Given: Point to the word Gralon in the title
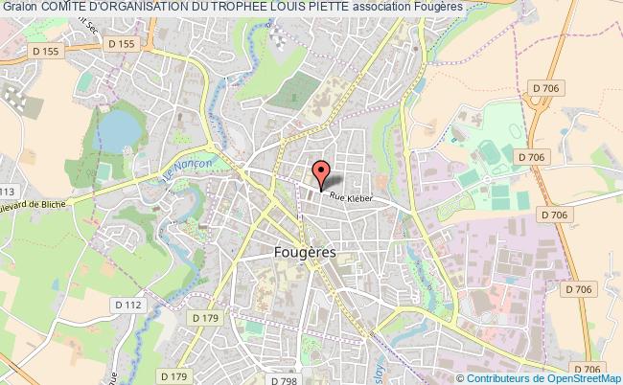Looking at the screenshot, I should pyautogui.click(x=18, y=7).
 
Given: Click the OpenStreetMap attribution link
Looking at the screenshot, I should pyautogui.click(x=575, y=376).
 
